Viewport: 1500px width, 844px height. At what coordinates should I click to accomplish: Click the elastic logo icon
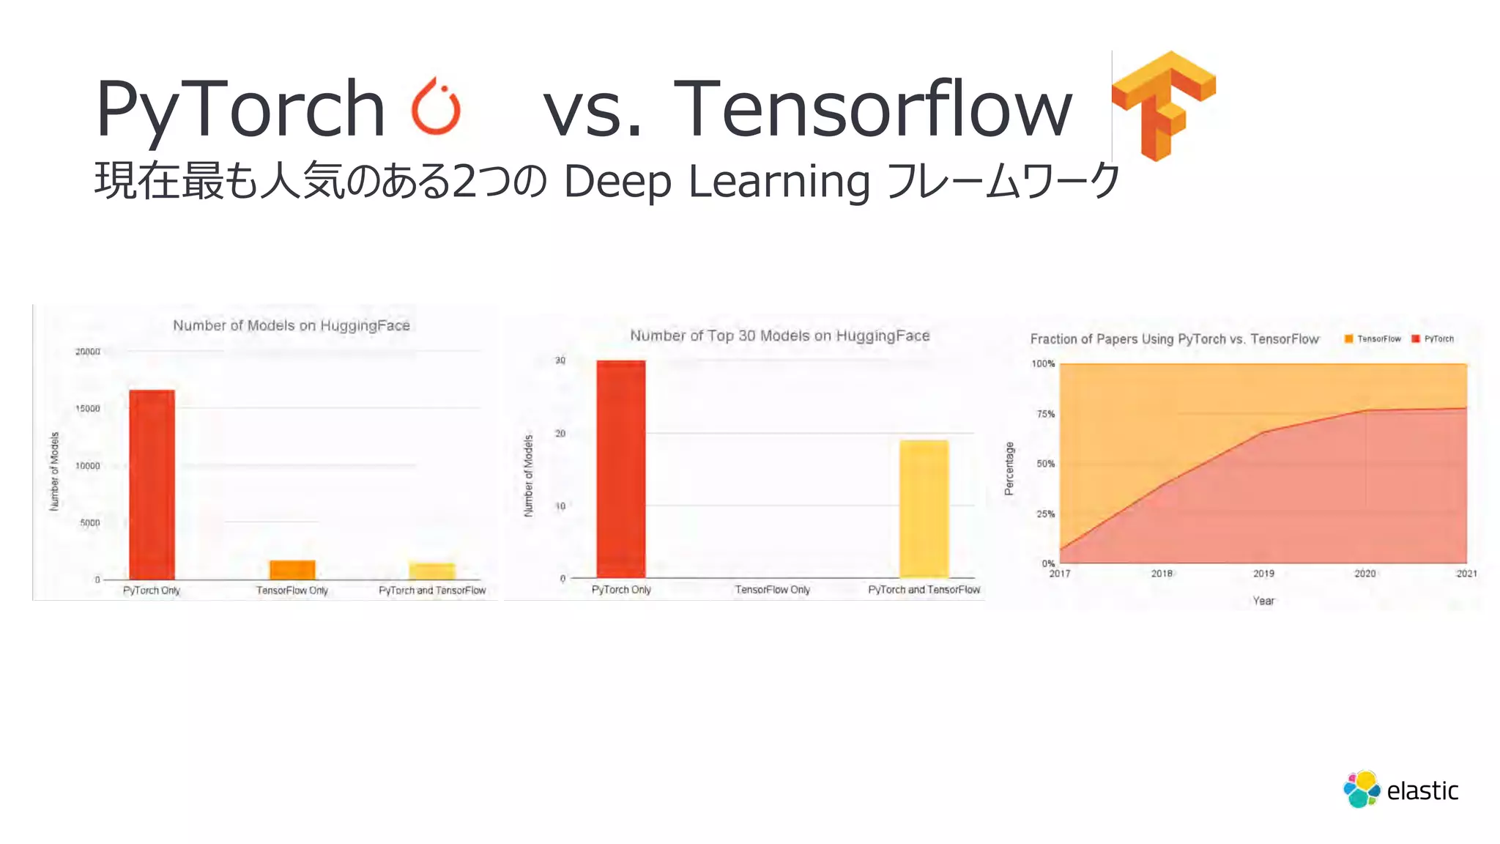click(1362, 790)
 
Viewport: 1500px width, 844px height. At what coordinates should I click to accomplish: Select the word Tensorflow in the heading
click(872, 109)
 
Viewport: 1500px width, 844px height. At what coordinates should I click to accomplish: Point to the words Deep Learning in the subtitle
click(716, 182)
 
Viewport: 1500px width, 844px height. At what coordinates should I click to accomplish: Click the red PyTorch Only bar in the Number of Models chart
click(152, 484)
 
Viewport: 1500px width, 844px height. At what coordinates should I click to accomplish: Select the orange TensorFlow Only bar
click(292, 569)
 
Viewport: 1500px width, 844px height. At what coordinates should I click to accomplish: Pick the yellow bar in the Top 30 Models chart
click(924, 508)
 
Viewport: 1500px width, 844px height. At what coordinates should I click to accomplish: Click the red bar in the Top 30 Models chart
click(621, 469)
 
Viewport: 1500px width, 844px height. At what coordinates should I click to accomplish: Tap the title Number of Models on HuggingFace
click(292, 326)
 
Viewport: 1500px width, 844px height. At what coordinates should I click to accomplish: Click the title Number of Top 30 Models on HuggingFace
click(780, 336)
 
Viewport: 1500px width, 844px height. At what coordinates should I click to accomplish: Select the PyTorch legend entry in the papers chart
click(1433, 339)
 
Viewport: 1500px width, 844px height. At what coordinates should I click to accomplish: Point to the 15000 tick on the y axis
click(88, 409)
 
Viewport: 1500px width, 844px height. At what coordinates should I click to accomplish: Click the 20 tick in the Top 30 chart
click(560, 434)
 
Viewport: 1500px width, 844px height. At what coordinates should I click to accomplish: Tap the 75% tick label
click(1045, 414)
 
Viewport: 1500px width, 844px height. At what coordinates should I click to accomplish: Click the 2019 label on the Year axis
click(1263, 574)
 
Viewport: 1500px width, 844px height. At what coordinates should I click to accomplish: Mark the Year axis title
click(1263, 601)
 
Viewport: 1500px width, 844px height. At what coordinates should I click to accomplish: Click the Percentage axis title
click(1009, 469)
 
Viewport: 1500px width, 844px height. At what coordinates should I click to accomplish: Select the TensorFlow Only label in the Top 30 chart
click(773, 590)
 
